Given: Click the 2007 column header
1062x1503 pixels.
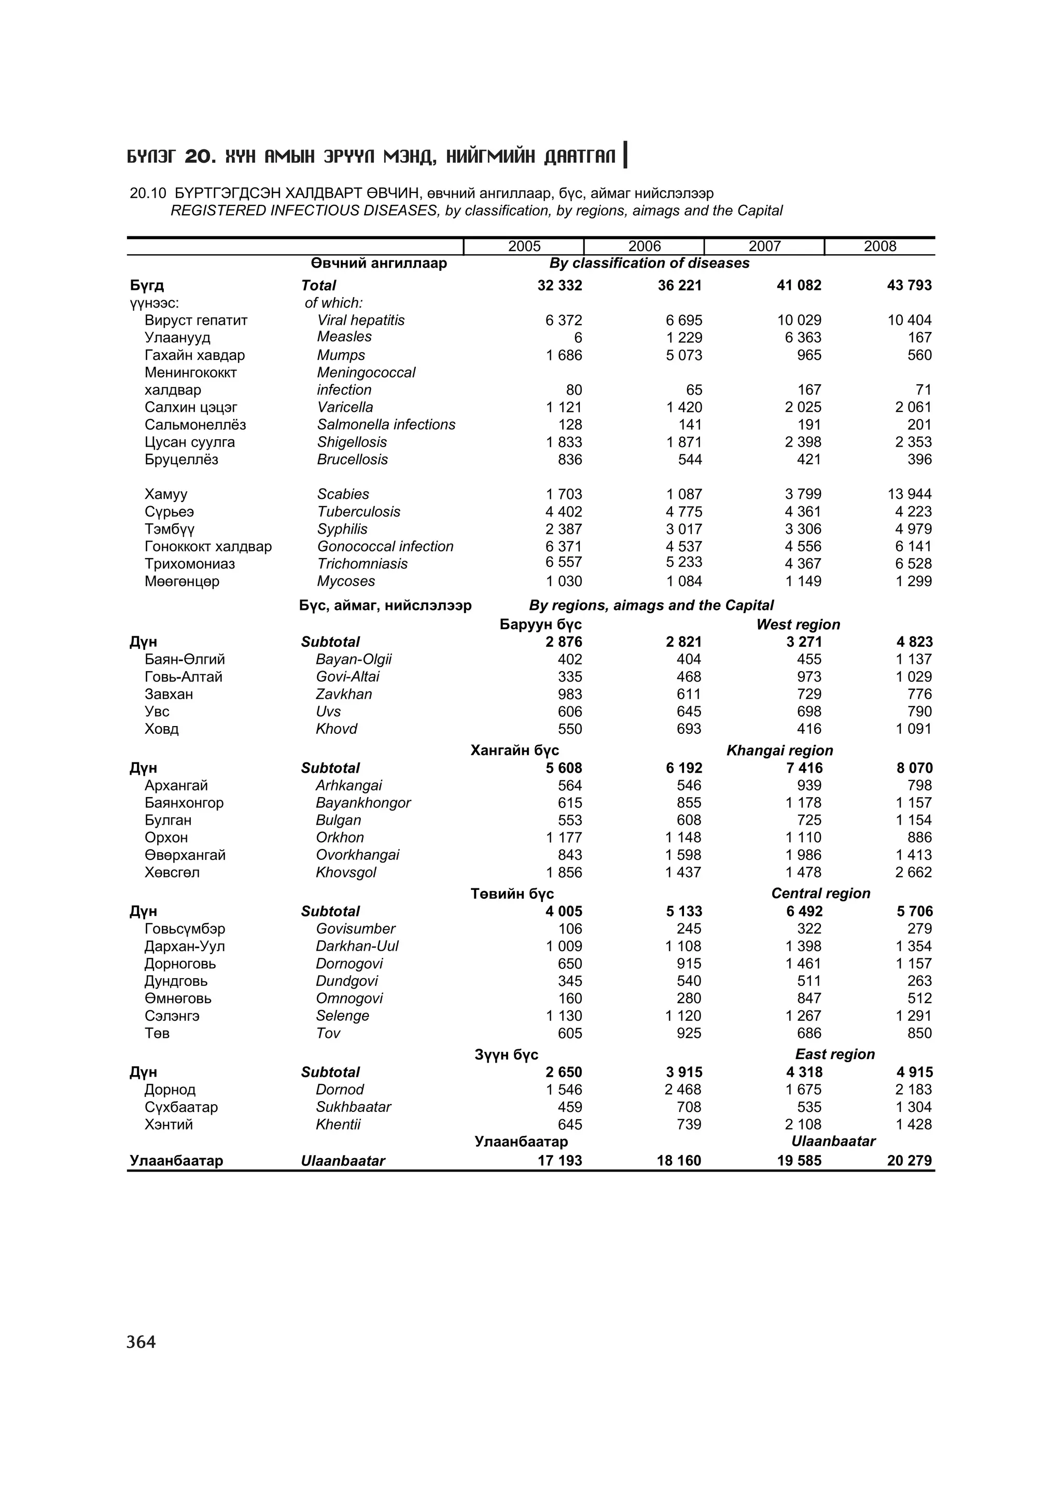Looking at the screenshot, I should tap(764, 246).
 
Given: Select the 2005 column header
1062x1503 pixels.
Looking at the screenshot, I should tap(524, 246).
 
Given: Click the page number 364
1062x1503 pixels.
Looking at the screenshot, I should tap(142, 1342).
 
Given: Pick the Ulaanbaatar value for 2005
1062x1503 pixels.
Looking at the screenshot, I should tap(560, 1161).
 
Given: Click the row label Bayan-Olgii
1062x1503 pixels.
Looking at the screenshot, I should tap(353, 659).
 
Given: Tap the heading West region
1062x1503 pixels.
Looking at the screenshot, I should tap(798, 624).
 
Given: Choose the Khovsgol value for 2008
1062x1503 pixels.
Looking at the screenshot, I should tap(914, 872).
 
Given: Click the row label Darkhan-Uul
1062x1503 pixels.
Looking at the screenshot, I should tap(357, 946).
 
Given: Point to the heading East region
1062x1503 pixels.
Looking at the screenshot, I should tap(834, 1054).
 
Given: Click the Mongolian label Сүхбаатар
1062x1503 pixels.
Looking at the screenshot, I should tap(181, 1107).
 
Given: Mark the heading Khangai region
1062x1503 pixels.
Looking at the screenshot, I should tap(779, 750).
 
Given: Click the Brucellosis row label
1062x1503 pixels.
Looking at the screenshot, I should tap(352, 460).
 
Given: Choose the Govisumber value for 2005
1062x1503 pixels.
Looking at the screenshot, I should tap(570, 928).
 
